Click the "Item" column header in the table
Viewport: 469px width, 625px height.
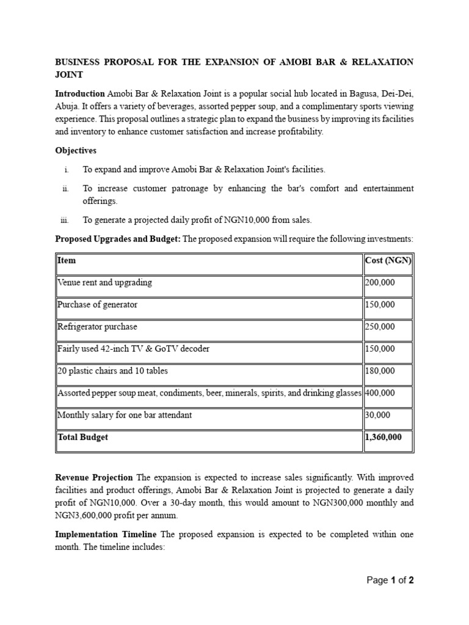pos(67,261)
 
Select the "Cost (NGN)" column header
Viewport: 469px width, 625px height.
pos(388,261)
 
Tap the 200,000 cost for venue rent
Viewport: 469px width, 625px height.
pos(379,283)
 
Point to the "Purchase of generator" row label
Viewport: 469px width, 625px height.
pos(97,305)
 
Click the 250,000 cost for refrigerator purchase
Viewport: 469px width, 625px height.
pos(379,327)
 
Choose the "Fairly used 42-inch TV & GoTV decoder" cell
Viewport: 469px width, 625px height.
pos(133,349)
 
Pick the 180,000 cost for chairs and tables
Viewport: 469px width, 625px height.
pos(379,370)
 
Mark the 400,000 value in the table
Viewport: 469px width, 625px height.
pos(379,393)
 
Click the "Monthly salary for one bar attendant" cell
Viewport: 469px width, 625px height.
pos(125,415)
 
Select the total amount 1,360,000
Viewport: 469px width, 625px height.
pos(383,437)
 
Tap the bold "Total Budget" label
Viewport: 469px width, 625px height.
pos(82,437)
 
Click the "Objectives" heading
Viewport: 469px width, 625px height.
pos(76,150)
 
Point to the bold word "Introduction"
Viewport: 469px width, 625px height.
pos(80,94)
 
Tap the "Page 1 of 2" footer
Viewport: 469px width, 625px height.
pos(390,580)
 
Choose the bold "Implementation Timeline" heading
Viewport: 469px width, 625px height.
pos(106,534)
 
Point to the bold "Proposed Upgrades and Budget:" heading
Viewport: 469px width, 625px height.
pos(117,239)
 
